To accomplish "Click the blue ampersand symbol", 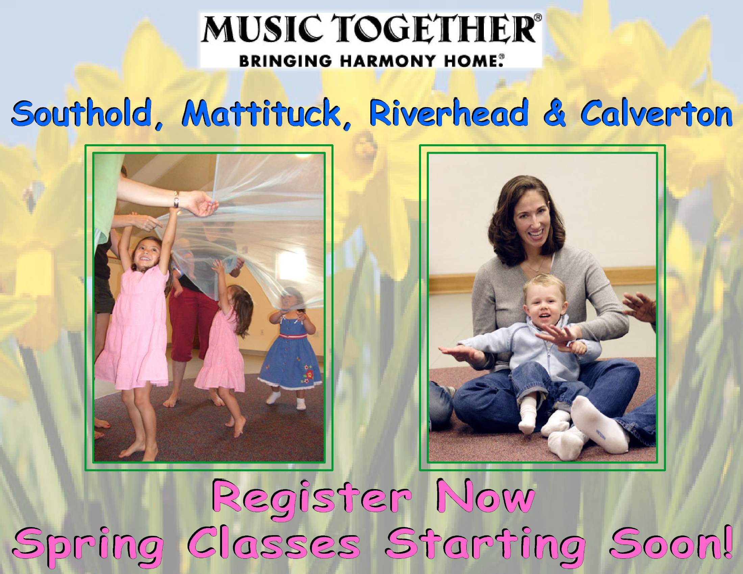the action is click(554, 115).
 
